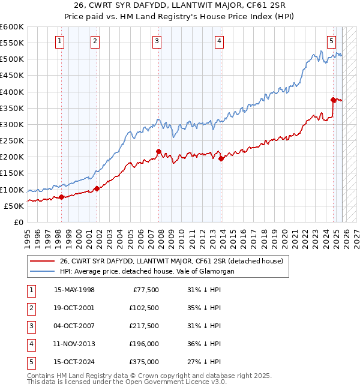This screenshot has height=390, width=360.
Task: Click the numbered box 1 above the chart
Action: point(61,41)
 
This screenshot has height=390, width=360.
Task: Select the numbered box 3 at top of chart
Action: point(157,41)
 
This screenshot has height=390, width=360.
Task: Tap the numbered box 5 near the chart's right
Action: point(331,41)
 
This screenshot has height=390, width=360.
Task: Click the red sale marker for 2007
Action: point(158,151)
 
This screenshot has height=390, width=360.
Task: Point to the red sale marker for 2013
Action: point(221,158)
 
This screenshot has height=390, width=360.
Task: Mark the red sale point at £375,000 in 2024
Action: point(333,100)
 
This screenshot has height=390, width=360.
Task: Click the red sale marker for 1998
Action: point(61,197)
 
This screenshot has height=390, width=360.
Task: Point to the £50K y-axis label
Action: point(14,206)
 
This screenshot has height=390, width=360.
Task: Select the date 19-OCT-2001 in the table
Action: point(74,308)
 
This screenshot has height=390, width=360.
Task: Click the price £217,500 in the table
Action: point(143,326)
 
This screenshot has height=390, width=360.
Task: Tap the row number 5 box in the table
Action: point(30,362)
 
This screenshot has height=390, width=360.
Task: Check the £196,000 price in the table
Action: point(143,344)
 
